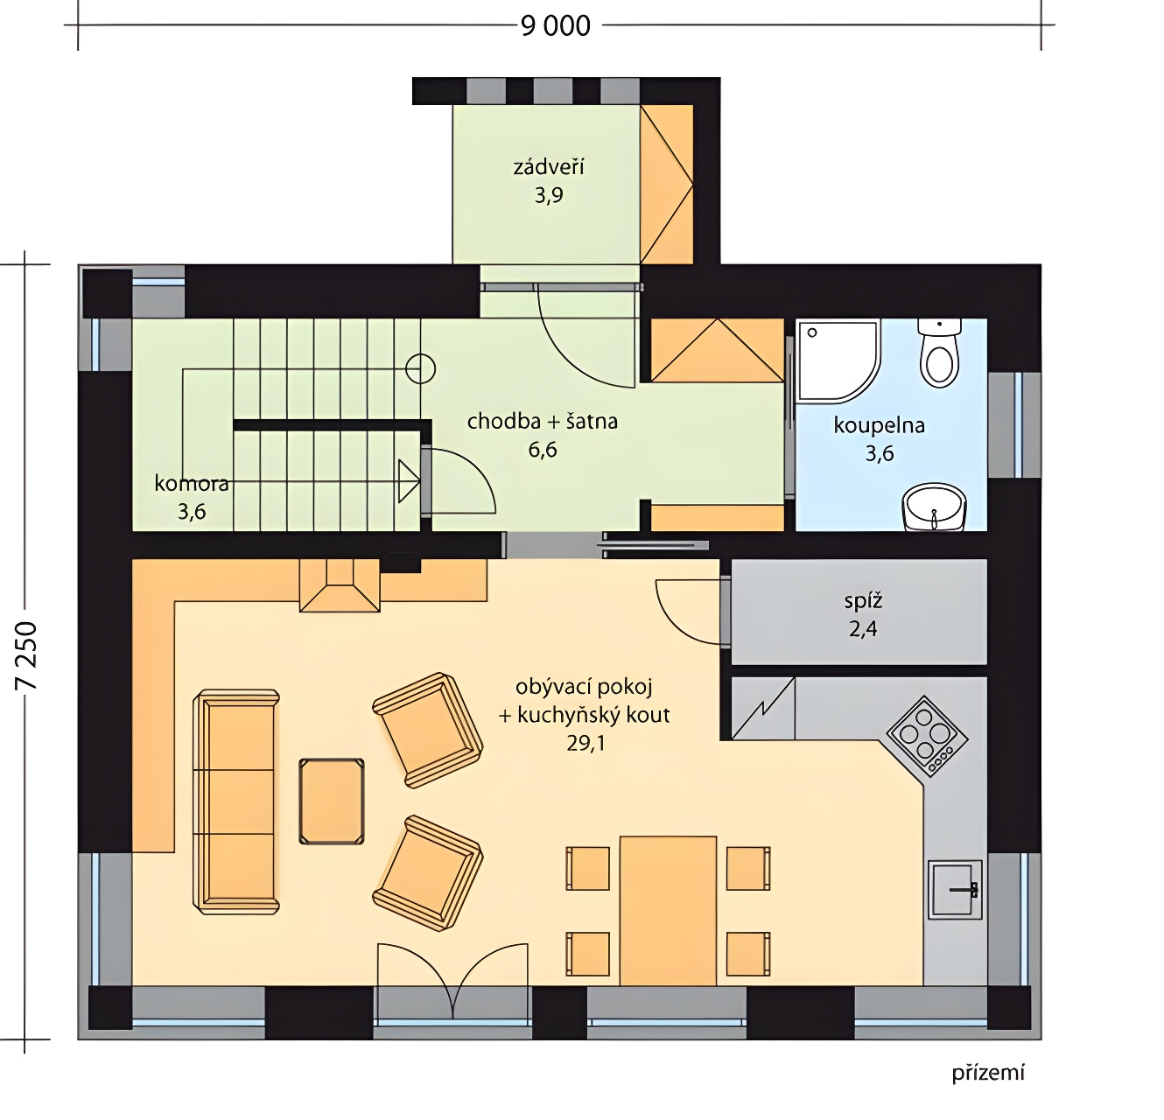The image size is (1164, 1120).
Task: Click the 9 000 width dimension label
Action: coord(556,25)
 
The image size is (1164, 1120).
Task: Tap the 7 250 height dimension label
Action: coord(27,655)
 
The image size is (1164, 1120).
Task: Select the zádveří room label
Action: coord(549,167)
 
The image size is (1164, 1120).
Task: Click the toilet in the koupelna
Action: coord(939,353)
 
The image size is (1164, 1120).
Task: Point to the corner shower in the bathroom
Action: coord(838,360)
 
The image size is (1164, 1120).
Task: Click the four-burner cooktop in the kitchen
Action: coord(927,737)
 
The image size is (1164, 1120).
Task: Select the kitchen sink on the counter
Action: coord(955,889)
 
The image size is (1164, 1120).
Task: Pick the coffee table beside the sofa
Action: coord(332,801)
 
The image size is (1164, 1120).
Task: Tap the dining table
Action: coord(668,910)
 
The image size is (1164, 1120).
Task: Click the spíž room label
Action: coord(863,601)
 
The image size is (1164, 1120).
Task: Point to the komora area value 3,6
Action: coord(192,512)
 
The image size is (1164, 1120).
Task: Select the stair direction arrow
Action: coord(409,480)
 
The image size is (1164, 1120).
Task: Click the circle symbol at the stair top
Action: coord(420,369)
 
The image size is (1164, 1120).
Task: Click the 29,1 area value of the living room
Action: coord(585,744)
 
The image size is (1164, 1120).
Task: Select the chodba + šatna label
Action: coord(542,422)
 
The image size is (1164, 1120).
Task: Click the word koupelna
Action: coord(880,426)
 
